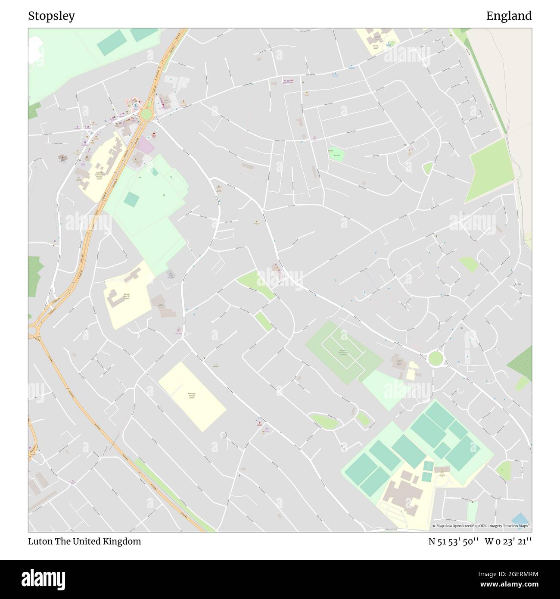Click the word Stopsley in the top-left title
(51, 16)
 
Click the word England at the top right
(509, 16)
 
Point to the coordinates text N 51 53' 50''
(454, 541)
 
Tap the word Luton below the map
(40, 541)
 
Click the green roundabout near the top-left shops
(146, 114)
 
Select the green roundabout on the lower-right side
(436, 358)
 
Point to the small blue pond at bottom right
(520, 518)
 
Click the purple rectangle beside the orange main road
(146, 146)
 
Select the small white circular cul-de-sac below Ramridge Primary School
(224, 435)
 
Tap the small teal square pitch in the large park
(131, 199)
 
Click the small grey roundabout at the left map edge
(32, 331)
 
